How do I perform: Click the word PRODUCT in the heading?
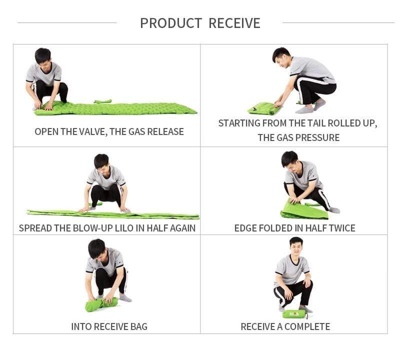click(171, 23)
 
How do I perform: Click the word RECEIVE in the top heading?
click(234, 23)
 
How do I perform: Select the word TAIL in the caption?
click(316, 123)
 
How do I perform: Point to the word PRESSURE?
click(319, 138)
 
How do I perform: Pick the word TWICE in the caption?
click(342, 228)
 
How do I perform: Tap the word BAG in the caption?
click(139, 326)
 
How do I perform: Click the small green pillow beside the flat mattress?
click(103, 101)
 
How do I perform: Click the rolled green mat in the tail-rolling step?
click(261, 108)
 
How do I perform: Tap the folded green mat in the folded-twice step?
click(303, 211)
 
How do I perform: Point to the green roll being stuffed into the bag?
click(101, 304)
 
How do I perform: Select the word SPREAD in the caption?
click(35, 228)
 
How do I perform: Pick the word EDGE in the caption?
click(245, 228)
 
